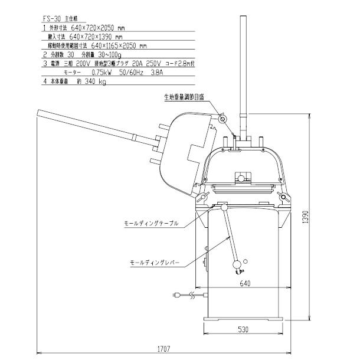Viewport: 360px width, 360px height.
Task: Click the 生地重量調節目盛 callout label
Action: pos(184,99)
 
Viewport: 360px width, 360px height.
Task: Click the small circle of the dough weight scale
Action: pos(222,119)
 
